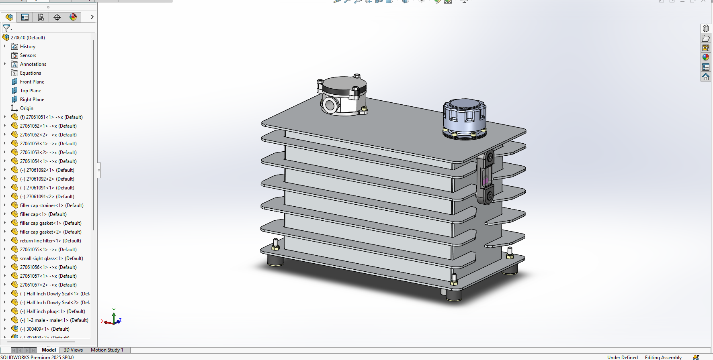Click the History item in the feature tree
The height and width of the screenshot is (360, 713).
27,47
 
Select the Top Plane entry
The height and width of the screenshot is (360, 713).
30,91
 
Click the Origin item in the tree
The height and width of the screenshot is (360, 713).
27,108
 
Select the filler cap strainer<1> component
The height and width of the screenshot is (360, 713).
41,205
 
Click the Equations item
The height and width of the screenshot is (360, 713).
30,73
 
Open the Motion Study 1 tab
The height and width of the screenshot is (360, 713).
107,350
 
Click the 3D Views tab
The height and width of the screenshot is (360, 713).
73,350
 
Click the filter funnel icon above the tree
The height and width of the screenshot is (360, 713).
7,28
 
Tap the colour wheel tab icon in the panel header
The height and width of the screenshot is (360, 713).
73,17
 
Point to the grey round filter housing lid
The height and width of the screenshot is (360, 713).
344,85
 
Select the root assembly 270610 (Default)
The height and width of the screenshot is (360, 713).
27,38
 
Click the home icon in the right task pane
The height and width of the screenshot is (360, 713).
706,77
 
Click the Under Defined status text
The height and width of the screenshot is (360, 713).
622,357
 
